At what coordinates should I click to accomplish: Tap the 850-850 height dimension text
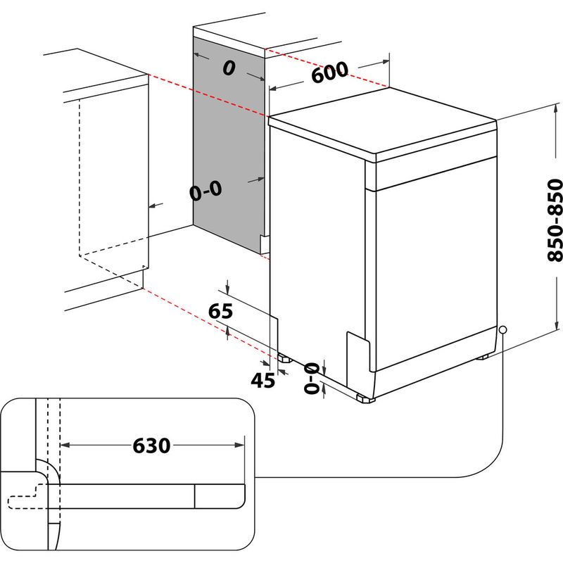(x=556, y=220)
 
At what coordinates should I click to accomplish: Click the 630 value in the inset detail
(x=151, y=445)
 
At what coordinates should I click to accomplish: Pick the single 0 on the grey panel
(x=227, y=68)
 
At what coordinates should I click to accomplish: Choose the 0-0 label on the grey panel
(x=205, y=189)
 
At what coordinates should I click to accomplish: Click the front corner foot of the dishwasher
(x=365, y=399)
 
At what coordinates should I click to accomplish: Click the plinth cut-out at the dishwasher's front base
(x=359, y=352)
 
